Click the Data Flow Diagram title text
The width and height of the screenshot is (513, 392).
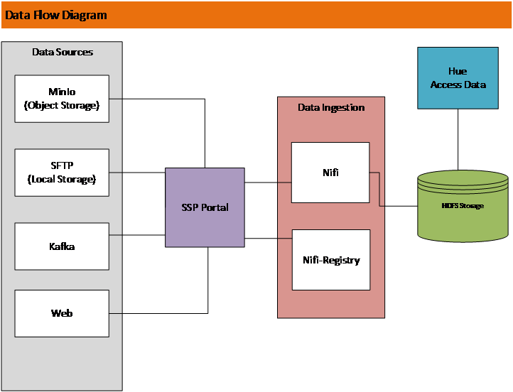[56, 15]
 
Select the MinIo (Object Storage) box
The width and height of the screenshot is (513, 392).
[62, 99]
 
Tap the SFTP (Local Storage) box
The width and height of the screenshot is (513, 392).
[62, 173]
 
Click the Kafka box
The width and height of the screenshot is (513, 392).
[62, 246]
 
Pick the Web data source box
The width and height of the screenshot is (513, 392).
[62, 313]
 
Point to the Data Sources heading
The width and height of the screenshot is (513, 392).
[63, 52]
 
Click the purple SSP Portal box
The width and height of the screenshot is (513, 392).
[205, 207]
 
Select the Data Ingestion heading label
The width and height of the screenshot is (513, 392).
[331, 107]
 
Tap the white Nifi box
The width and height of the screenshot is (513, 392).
[330, 173]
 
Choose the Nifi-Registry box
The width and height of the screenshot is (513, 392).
[331, 260]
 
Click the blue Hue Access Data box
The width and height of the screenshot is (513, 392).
[458, 78]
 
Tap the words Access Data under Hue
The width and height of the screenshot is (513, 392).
[458, 85]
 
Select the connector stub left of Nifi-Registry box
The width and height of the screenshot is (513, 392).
[285, 237]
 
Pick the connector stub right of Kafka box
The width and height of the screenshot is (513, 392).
[115, 234]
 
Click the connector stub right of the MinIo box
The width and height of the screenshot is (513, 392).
[115, 98]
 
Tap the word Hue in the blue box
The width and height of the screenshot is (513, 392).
[458, 72]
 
